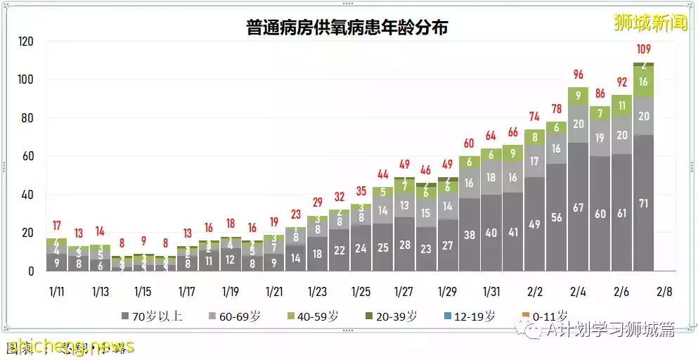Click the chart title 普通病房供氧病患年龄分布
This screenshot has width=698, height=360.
tap(347, 28)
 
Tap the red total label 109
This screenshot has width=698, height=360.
tap(643, 49)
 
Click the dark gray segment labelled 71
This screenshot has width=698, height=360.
tap(643, 204)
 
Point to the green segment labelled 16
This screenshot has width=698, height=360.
tap(643, 82)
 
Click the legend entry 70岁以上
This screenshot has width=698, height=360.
tap(153, 316)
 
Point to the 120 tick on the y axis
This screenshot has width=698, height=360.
tap(25, 42)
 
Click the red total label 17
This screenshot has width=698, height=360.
tap(57, 226)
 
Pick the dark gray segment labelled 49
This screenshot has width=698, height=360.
tap(534, 225)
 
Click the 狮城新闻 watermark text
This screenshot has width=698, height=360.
tap(649, 23)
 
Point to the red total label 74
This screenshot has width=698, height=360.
tap(534, 116)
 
